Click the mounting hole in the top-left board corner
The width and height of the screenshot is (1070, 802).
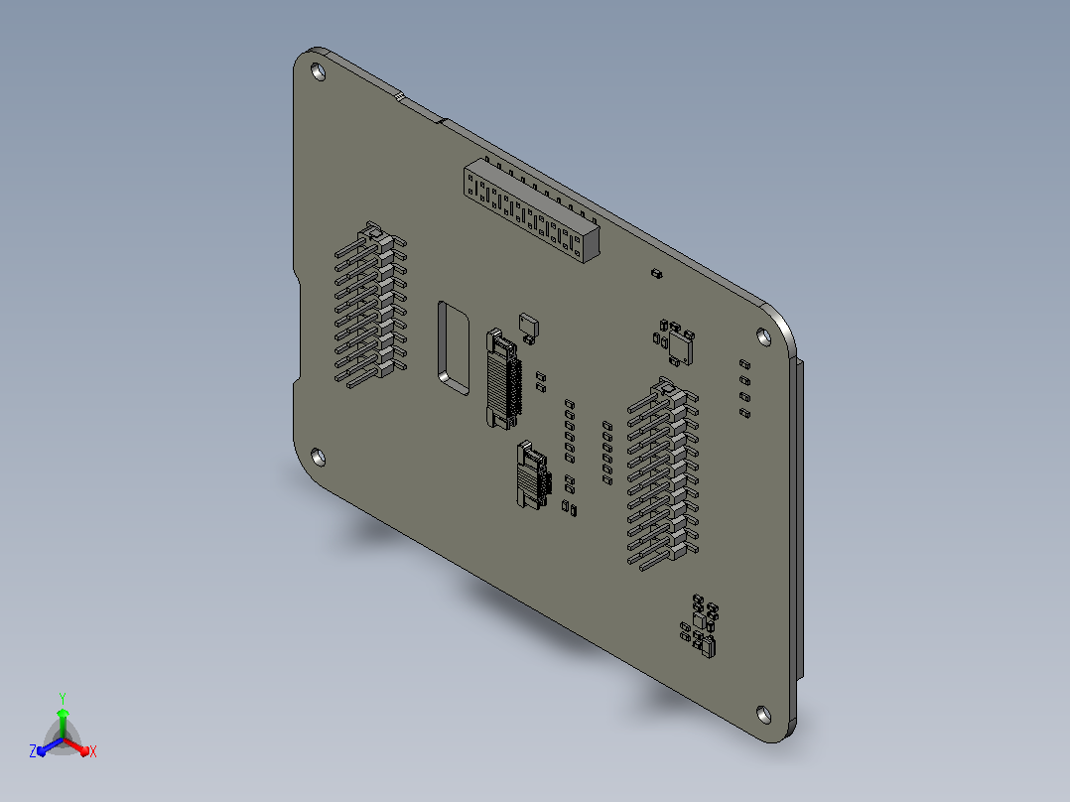[x=319, y=71]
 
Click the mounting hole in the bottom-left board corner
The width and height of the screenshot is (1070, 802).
[x=318, y=457]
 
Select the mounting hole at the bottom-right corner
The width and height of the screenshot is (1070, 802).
[x=764, y=715]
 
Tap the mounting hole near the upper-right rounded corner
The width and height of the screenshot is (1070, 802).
[x=764, y=335]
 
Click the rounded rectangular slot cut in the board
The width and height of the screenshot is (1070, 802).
[x=453, y=348]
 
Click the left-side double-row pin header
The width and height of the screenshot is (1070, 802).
[x=370, y=305]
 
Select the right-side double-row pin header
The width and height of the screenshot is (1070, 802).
[x=663, y=474]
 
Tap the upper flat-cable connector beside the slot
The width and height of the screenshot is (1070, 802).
[x=504, y=379]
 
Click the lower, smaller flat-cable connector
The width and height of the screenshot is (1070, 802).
[x=534, y=475]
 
